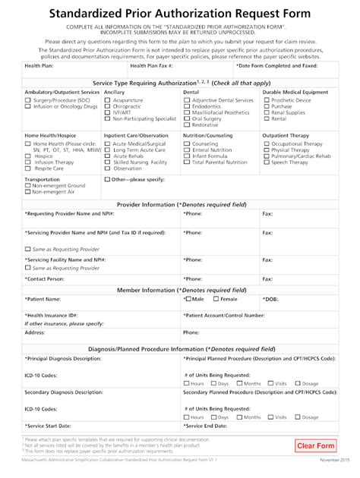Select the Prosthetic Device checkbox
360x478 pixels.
pyautogui.click(x=267, y=100)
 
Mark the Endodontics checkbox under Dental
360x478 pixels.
pyautogui.click(x=187, y=107)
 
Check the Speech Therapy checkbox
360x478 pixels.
pyautogui.click(x=267, y=162)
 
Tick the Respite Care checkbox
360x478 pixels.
pyautogui.click(x=27, y=168)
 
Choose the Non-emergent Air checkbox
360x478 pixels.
pyautogui.click(x=27, y=193)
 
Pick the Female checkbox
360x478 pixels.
pyautogui.click(x=214, y=299)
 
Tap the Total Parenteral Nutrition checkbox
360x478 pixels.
pyautogui.click(x=187, y=162)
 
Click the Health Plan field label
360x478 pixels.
pyautogui.click(x=39, y=67)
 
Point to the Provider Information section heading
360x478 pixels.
pyautogui.click(x=179, y=205)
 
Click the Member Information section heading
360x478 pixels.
pyautogui.click(x=179, y=290)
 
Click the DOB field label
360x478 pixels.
pyautogui.click(x=270, y=299)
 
